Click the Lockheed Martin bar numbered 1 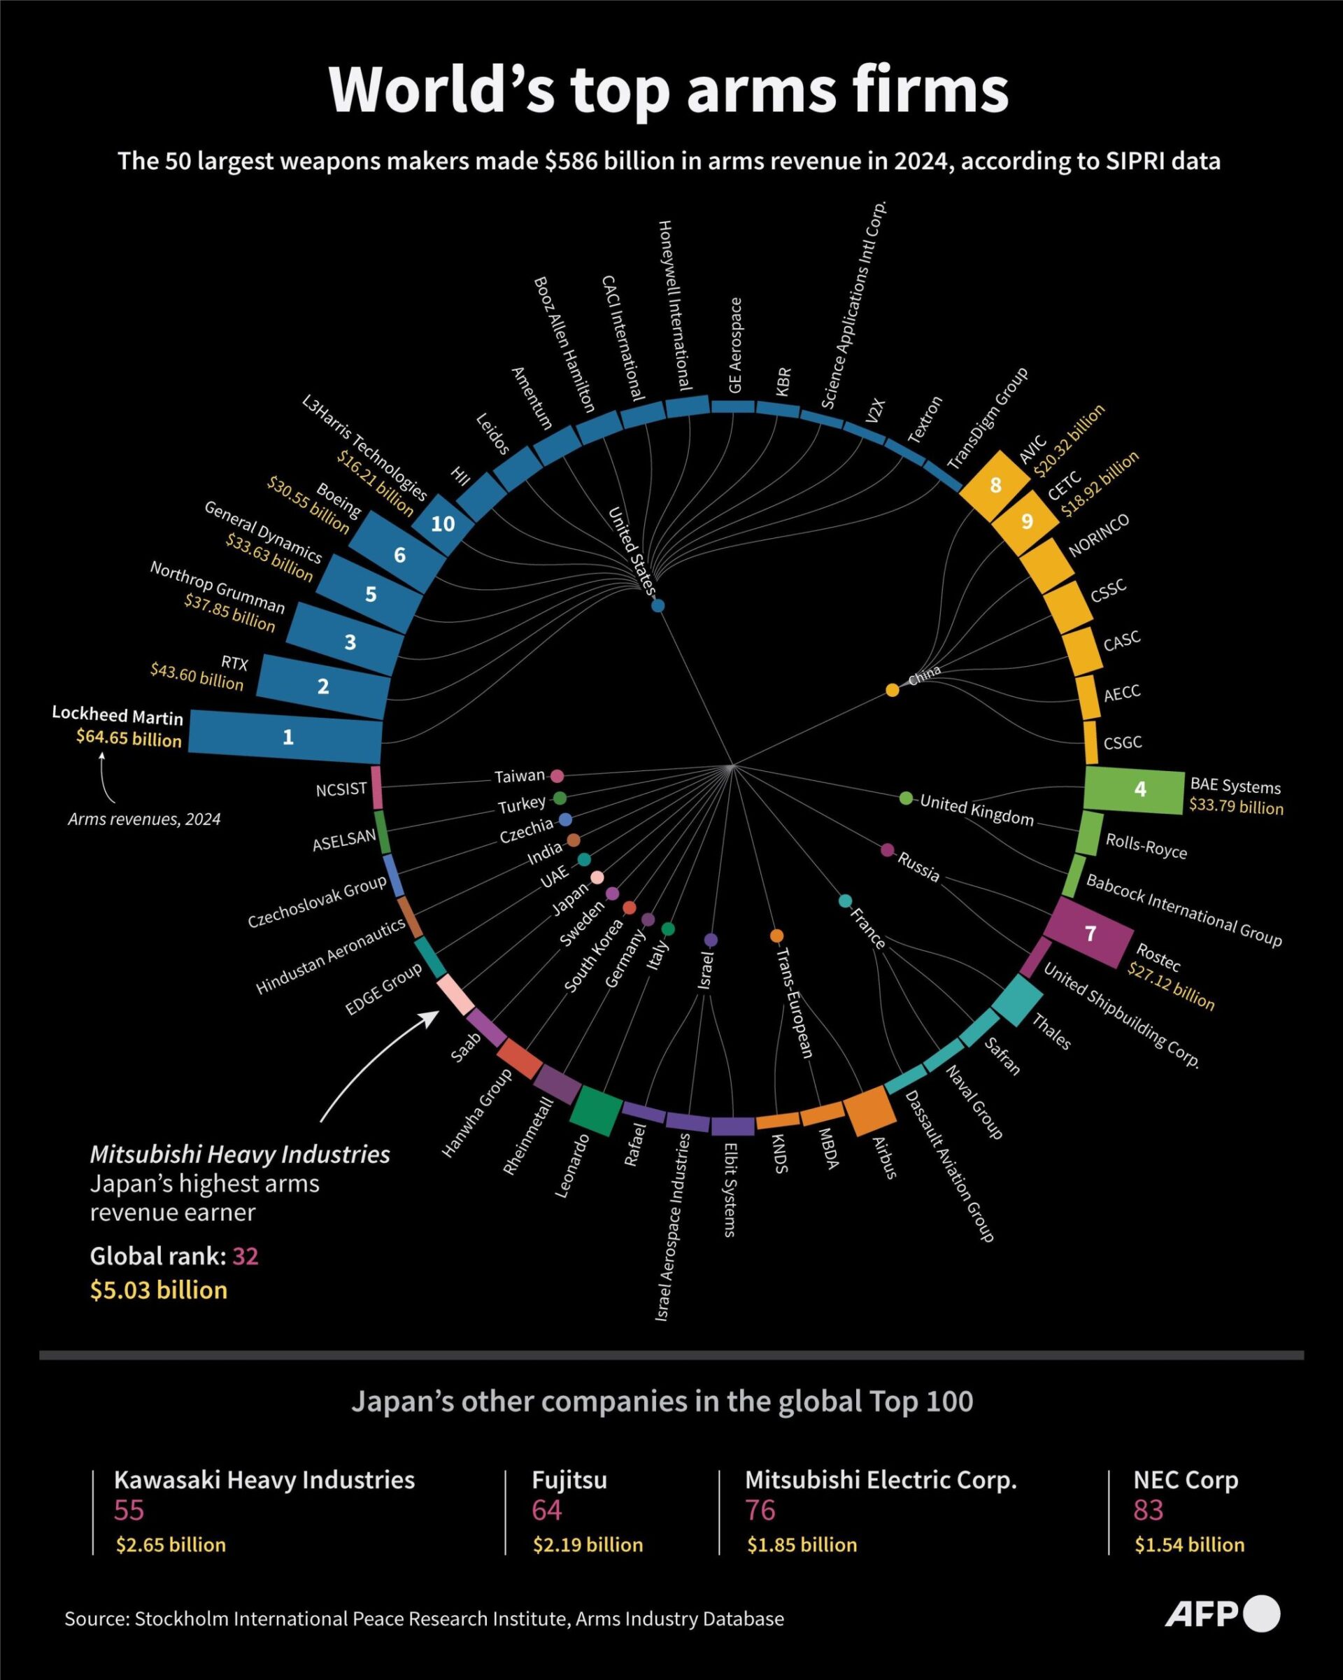coord(286,735)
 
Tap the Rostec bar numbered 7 coord(1089,933)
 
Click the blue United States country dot coord(658,605)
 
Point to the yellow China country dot coord(893,691)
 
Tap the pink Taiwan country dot coord(557,776)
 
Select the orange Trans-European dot coord(776,936)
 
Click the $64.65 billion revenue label coord(129,738)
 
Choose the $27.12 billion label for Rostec coord(1171,987)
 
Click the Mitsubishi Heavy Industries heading coord(240,1154)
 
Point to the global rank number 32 coord(246,1256)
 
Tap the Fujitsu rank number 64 coord(547,1509)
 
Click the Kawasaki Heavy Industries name coord(264,1479)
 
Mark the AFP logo coord(1221,1613)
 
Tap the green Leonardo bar coord(596,1110)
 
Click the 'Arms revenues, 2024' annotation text coord(144,819)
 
